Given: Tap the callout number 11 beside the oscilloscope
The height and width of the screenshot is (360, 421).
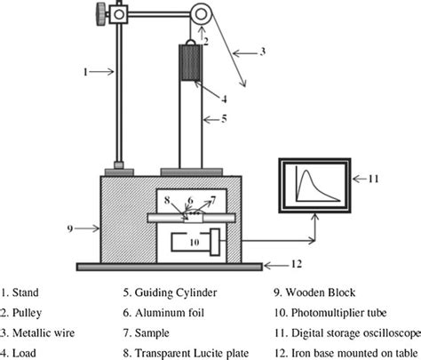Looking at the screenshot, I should point(375,178).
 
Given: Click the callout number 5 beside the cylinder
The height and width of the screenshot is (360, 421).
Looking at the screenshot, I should point(226,117).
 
